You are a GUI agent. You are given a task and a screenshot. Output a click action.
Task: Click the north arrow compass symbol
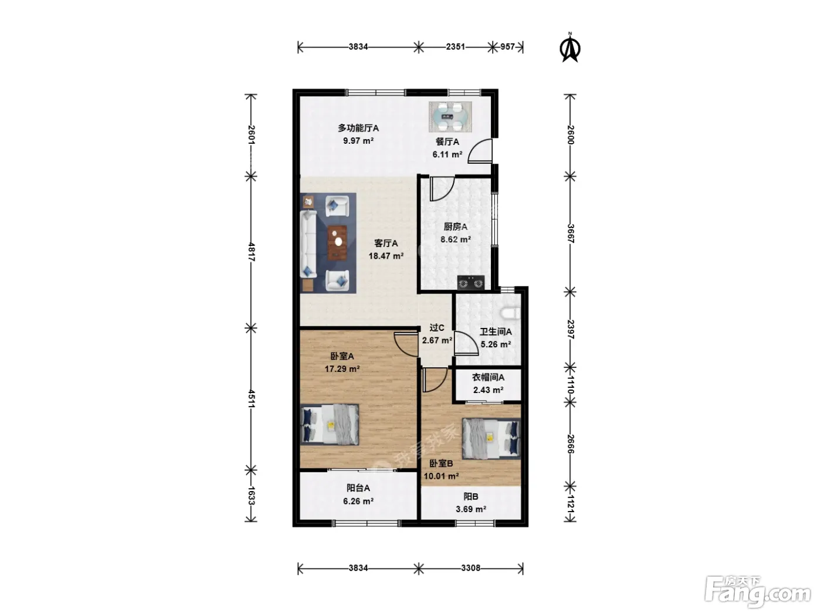tap(570, 48)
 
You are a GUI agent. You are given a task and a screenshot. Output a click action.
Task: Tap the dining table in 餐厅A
tap(450, 117)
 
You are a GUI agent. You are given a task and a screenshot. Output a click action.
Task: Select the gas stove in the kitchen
tap(470, 282)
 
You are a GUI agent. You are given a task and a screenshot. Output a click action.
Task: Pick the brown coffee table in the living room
tap(337, 242)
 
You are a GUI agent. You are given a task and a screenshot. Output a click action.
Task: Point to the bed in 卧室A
tap(330, 425)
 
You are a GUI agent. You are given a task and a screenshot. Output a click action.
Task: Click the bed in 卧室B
tap(491, 438)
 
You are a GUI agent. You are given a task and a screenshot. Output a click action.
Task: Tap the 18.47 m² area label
tap(386, 256)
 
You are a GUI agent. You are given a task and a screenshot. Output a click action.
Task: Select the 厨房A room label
tap(455, 226)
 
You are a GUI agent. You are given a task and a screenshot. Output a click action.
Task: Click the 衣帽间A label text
tap(488, 377)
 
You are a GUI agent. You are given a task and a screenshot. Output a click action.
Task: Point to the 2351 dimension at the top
tap(456, 47)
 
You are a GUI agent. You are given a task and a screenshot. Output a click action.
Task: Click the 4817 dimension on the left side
tap(252, 252)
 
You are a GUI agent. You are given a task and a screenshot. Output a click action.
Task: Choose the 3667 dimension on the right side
tap(571, 233)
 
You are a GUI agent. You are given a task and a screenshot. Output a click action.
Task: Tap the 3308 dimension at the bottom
tap(470, 568)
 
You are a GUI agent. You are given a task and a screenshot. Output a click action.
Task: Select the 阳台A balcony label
tap(358, 488)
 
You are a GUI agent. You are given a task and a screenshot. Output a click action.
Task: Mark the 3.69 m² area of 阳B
tap(471, 509)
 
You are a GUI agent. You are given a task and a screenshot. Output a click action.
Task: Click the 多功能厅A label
tap(358, 128)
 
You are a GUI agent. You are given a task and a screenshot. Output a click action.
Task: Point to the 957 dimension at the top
tap(508, 47)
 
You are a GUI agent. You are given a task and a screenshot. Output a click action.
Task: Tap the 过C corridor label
tap(437, 327)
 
